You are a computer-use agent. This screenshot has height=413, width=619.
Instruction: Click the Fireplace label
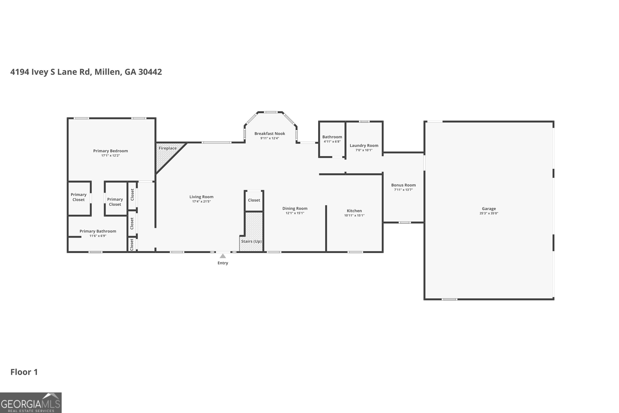[x=167, y=148]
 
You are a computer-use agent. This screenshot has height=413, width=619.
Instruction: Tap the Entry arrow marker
[x=223, y=256]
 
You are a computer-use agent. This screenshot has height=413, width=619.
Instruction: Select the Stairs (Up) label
[x=251, y=241]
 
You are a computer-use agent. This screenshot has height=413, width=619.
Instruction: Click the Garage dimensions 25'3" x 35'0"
[x=489, y=213]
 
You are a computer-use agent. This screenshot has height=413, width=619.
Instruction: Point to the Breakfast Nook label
[x=269, y=134]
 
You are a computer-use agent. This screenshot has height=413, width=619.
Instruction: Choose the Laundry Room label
[x=364, y=145]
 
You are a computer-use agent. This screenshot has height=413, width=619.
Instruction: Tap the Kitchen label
[x=354, y=211]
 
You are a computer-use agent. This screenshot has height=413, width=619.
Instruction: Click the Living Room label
[x=201, y=197]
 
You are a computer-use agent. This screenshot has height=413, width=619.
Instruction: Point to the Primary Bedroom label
[x=110, y=151]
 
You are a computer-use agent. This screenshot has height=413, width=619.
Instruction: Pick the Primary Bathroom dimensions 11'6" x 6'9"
[x=98, y=236]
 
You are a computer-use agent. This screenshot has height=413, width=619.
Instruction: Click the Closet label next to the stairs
[x=254, y=200]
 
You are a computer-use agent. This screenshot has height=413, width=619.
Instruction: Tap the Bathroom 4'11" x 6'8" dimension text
[x=332, y=141]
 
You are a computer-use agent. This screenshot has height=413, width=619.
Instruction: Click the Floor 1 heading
[x=24, y=372]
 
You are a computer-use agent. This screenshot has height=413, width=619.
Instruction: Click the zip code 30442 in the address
[x=150, y=72]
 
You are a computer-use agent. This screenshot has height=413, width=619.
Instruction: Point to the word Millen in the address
[x=108, y=72]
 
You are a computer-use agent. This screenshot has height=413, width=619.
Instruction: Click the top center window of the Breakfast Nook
[x=270, y=112]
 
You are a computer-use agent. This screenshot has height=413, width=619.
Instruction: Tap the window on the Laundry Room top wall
[x=364, y=121]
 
